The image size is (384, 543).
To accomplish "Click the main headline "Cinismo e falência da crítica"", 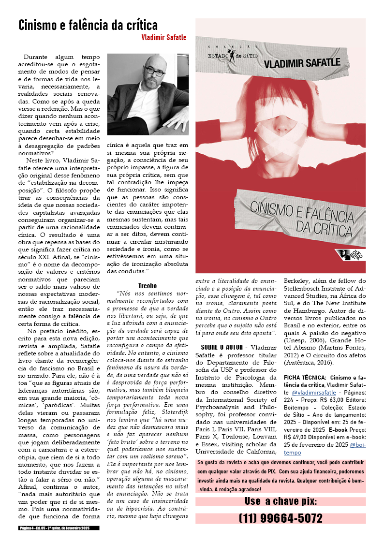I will point(88,25).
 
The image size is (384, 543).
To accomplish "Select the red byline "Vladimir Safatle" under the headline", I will point(163,37).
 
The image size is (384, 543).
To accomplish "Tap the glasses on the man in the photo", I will point(153,71).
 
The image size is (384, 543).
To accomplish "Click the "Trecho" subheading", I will point(148,286).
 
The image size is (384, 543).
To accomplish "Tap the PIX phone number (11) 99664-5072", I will point(281,518).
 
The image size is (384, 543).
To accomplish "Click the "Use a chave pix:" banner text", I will point(281,500).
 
